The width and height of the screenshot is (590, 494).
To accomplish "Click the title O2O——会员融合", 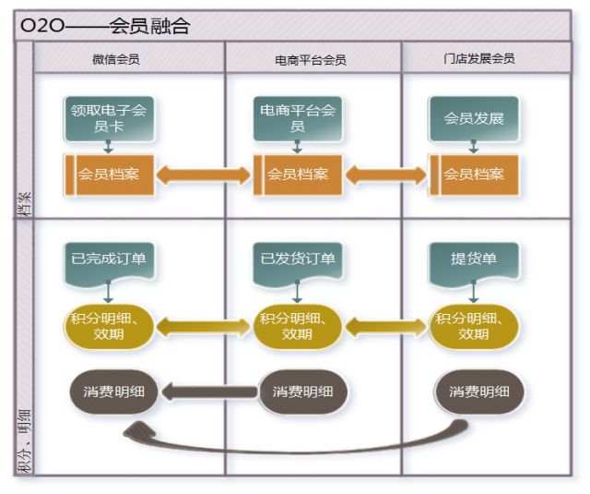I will pos(105,26).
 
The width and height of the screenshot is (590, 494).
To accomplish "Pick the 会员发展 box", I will pos(473,118).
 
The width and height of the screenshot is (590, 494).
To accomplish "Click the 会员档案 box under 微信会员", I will pos(108,175).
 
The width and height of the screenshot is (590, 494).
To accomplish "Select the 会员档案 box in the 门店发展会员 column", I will pos(473,175).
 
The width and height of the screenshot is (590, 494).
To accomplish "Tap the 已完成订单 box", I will pos(108,259).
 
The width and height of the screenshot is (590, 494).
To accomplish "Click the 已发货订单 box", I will pos(297,259).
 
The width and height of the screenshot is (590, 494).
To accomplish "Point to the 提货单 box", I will pos(473,259).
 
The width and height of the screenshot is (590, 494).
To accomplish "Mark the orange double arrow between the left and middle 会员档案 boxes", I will pos(204,175).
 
